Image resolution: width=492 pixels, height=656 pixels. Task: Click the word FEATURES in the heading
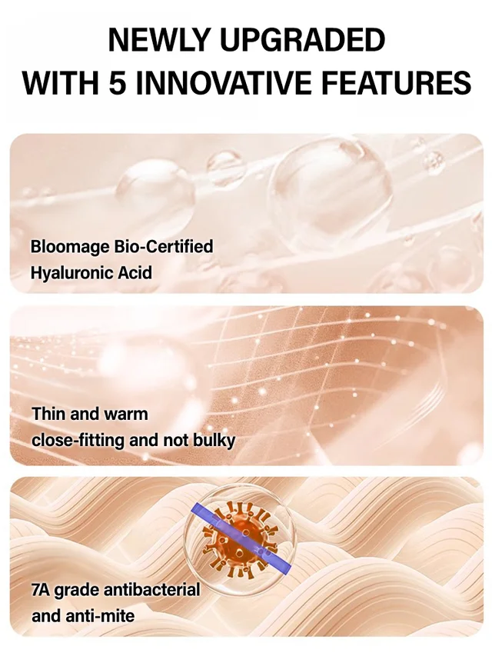[396, 82]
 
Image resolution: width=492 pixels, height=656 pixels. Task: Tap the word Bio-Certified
[164, 246]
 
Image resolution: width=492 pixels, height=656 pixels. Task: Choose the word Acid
[135, 273]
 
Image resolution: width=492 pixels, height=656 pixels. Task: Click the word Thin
[48, 414]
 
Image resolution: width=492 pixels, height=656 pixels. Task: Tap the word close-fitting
[78, 441]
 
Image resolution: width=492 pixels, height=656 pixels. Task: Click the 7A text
[41, 590]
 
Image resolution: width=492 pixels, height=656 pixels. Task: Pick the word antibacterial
[151, 590]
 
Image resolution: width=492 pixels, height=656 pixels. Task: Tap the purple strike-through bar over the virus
[241, 538]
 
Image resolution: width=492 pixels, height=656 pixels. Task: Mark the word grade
[77, 591]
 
